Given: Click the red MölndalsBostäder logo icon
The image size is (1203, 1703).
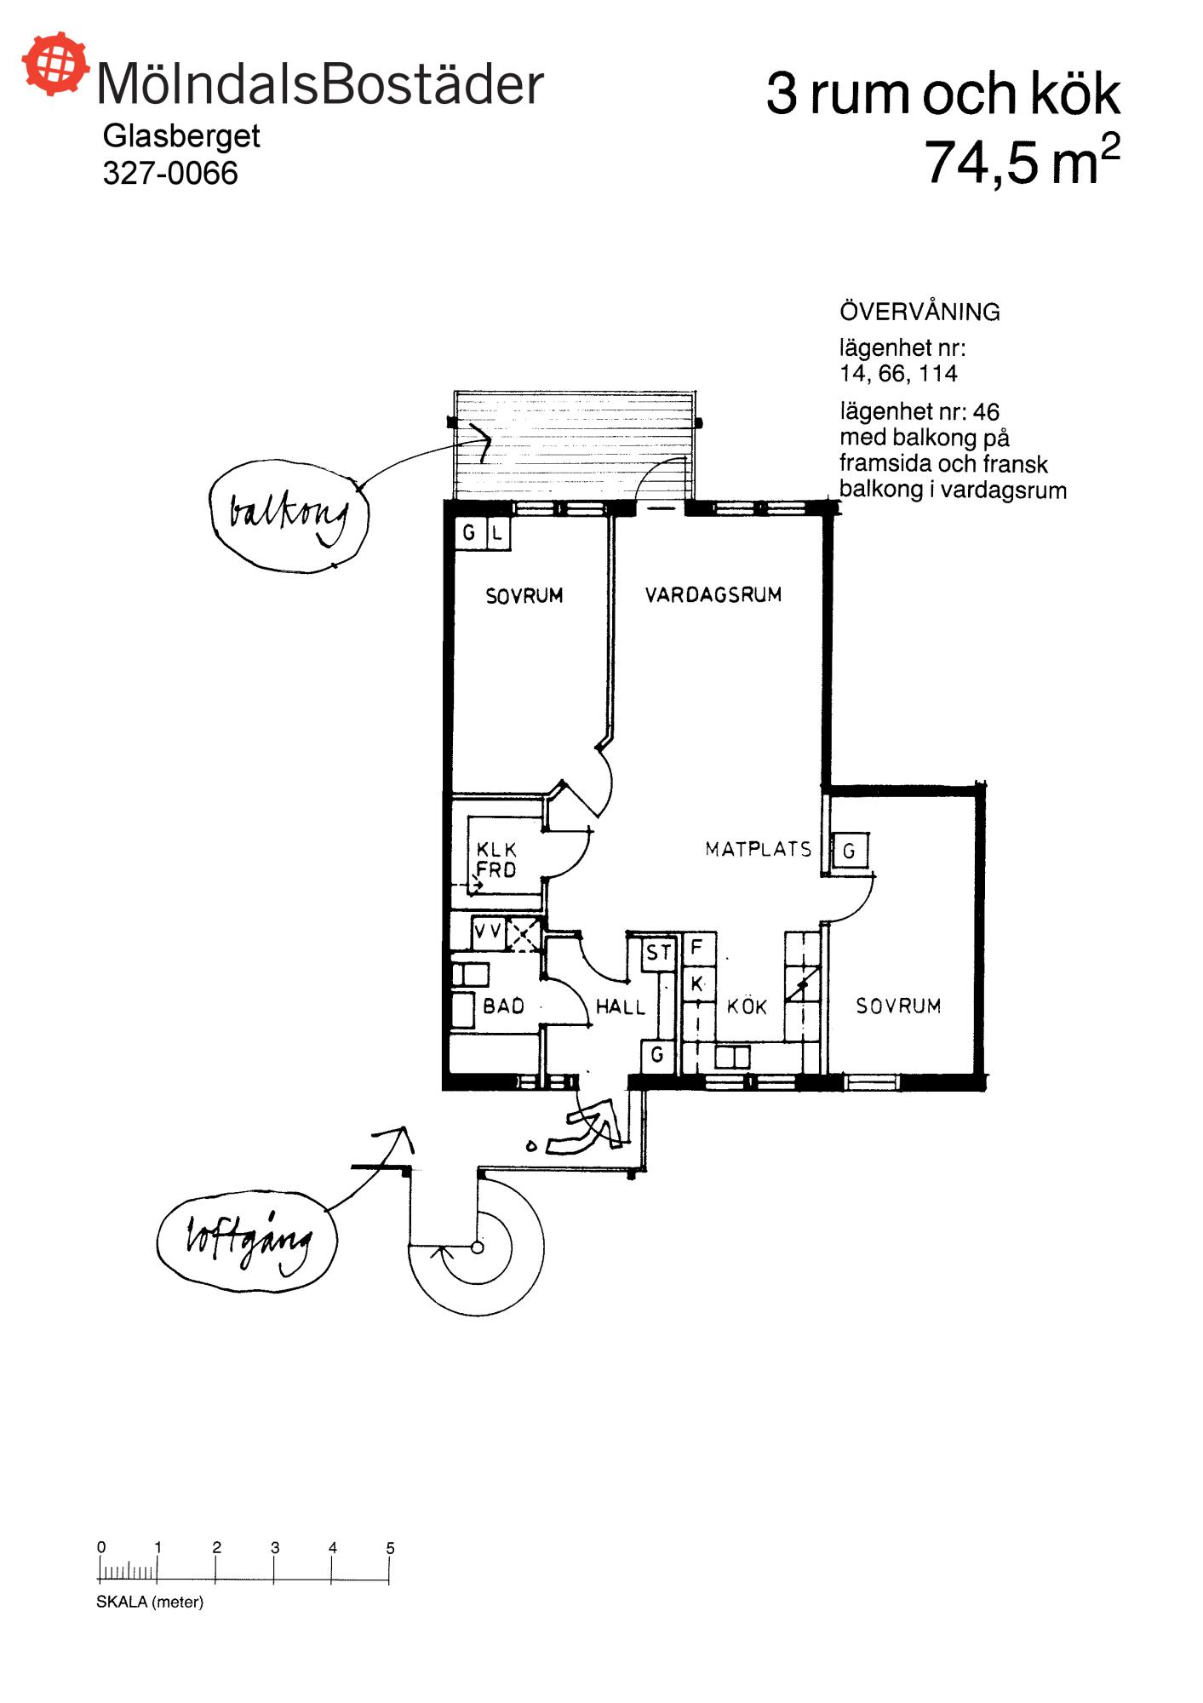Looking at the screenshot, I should [55, 64].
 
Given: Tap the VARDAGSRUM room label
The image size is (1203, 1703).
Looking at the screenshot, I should [713, 595].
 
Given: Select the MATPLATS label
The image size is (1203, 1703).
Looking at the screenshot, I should [758, 849].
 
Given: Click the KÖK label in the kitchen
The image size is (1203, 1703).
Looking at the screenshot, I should [747, 1007].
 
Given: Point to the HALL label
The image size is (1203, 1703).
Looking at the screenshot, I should [620, 1007].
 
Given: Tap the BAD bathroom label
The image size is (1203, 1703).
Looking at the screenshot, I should [503, 1006].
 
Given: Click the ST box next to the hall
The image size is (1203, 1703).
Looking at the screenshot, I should [658, 953].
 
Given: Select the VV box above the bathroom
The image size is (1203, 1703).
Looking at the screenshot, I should [488, 932].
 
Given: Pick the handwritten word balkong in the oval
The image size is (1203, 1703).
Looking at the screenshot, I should [288, 515].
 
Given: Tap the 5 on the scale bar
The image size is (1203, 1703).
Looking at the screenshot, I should [390, 1548].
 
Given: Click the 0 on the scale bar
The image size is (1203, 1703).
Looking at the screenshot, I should [101, 1547].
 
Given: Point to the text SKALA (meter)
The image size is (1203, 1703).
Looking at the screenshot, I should [150, 1602].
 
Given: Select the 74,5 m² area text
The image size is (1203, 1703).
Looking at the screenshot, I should [1021, 161].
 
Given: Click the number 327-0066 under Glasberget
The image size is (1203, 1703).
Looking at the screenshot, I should [170, 173].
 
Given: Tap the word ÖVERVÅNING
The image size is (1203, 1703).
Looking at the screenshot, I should [919, 312].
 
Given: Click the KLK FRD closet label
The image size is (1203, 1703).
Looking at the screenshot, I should [496, 860].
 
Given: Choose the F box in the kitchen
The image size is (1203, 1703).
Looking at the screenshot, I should [696, 947].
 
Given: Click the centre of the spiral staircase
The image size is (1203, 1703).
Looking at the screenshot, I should [477, 1248].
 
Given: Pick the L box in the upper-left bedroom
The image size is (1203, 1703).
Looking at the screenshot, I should [497, 535].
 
